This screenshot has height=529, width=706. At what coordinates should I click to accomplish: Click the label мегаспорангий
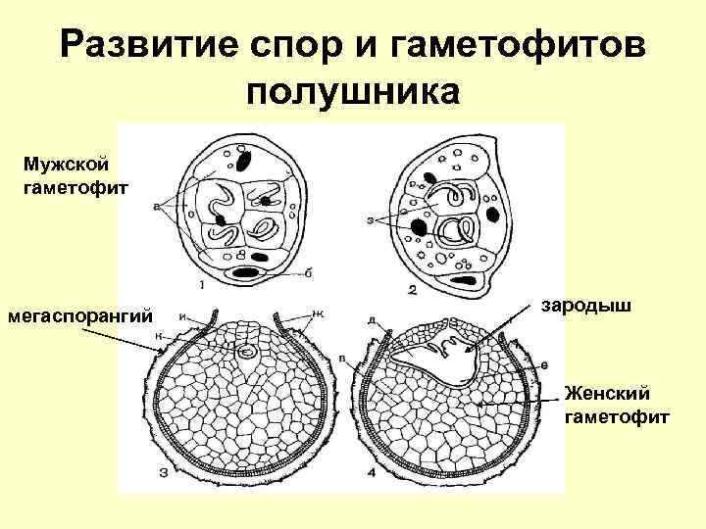click(x=81, y=316)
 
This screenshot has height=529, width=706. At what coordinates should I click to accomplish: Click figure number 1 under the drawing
click(x=202, y=286)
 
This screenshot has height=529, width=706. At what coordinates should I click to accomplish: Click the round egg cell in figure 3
click(x=249, y=349)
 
